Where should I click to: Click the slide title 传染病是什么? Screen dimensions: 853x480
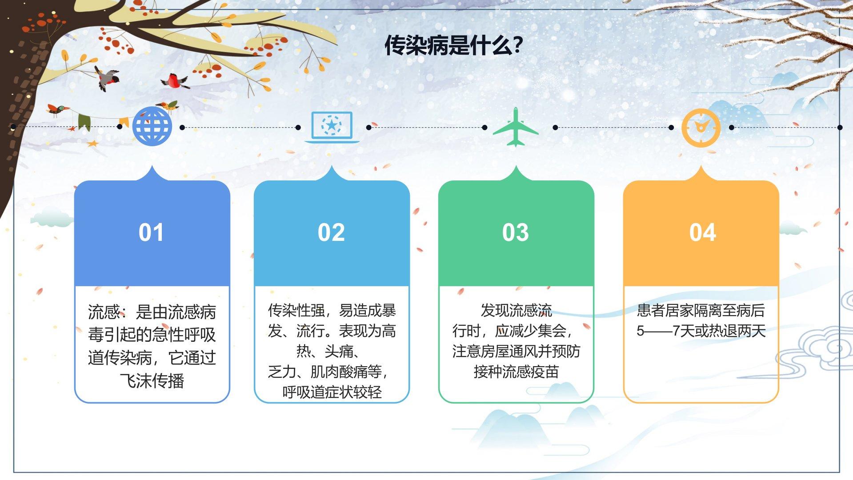(453, 45)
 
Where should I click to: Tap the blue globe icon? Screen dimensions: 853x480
(152, 126)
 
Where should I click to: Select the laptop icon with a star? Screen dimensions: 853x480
(332, 128)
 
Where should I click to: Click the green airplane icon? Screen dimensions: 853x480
(516, 127)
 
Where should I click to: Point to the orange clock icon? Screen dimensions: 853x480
(701, 128)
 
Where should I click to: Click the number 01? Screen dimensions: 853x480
(151, 232)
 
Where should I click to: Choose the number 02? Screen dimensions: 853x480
(331, 232)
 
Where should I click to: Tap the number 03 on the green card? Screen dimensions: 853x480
(516, 232)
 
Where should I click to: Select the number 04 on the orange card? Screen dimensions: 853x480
(703, 232)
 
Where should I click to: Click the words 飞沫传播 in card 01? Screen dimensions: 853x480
(152, 381)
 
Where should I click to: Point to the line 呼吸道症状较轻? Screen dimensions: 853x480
(332, 392)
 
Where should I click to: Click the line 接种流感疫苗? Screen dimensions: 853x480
(516, 372)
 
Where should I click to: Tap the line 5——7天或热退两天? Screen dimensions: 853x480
(701, 331)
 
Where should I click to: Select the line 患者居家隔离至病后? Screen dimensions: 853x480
(701, 310)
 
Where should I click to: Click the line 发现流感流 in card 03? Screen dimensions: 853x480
(516, 310)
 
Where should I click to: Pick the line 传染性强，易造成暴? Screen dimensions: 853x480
(332, 310)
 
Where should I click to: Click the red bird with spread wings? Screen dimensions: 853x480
(175, 81)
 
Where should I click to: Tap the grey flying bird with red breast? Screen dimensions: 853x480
(107, 78)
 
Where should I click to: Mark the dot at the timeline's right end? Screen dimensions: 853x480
(840, 128)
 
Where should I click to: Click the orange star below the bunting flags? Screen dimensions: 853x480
(92, 144)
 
